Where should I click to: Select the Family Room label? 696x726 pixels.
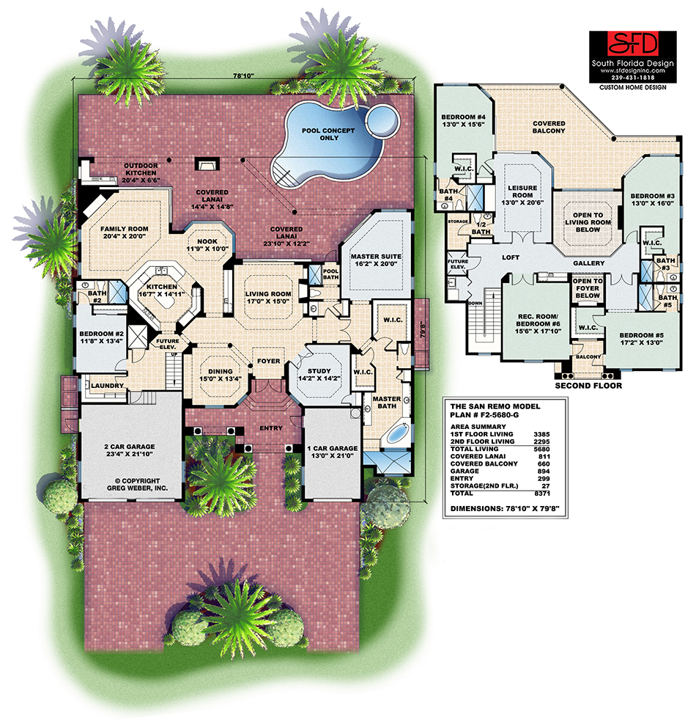pos(124,233)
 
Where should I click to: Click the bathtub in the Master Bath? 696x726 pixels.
pos(396,435)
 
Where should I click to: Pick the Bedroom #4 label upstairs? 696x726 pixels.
pos(464,122)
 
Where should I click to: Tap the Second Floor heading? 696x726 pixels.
pos(588,385)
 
